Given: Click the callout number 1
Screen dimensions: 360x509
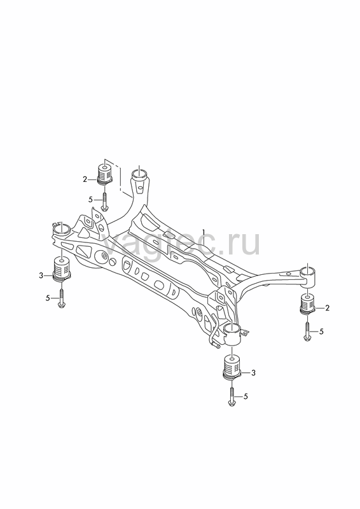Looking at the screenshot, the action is pos(204,232).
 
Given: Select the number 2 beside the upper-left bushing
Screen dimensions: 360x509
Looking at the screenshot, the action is pos(85,179).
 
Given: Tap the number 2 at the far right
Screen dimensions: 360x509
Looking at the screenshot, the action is pos(327,308).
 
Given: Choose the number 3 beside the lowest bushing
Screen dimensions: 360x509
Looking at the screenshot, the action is pos(254,373).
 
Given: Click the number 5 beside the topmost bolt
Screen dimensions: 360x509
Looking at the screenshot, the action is pos(90,199).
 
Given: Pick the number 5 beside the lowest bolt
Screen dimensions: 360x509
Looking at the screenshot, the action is pos(246,396).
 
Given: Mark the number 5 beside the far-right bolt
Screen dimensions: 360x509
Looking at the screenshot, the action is pos(321,331).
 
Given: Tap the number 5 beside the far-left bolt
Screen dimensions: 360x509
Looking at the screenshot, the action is pos(48,298).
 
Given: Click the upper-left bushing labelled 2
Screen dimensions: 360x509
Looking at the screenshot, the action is pos(105,175).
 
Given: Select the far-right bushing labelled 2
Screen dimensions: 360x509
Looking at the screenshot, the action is pos(307,304).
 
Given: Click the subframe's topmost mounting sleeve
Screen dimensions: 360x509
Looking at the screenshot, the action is pos(139,177).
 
